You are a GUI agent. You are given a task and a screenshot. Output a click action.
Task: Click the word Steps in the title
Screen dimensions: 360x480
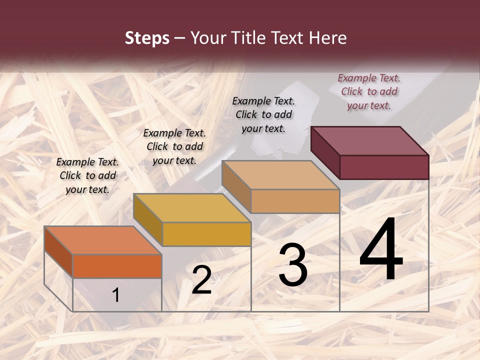(147, 38)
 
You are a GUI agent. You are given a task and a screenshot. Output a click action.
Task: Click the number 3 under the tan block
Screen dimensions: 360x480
(292, 265)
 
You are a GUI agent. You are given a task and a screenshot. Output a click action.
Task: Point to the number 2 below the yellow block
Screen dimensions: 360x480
(201, 280)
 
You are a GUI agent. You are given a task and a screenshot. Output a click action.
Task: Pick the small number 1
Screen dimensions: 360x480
(116, 295)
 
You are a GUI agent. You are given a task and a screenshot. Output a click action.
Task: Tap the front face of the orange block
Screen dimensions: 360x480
(117, 266)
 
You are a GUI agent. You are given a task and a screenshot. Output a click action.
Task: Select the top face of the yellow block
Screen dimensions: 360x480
(192, 208)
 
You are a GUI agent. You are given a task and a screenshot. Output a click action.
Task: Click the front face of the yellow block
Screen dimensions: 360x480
(206, 234)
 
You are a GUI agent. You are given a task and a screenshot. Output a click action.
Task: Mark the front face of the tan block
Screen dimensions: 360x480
(295, 201)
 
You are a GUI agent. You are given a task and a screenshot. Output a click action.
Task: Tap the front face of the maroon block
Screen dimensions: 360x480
(384, 167)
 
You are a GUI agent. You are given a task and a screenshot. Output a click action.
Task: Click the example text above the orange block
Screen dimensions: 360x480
(87, 175)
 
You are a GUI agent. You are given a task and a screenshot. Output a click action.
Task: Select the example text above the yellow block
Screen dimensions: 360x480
(174, 146)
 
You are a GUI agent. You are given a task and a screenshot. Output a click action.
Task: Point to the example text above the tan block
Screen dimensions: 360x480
(263, 114)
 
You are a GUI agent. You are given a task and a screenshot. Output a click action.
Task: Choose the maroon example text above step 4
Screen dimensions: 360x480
(369, 91)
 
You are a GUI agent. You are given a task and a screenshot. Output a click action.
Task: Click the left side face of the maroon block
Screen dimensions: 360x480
(325, 152)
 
